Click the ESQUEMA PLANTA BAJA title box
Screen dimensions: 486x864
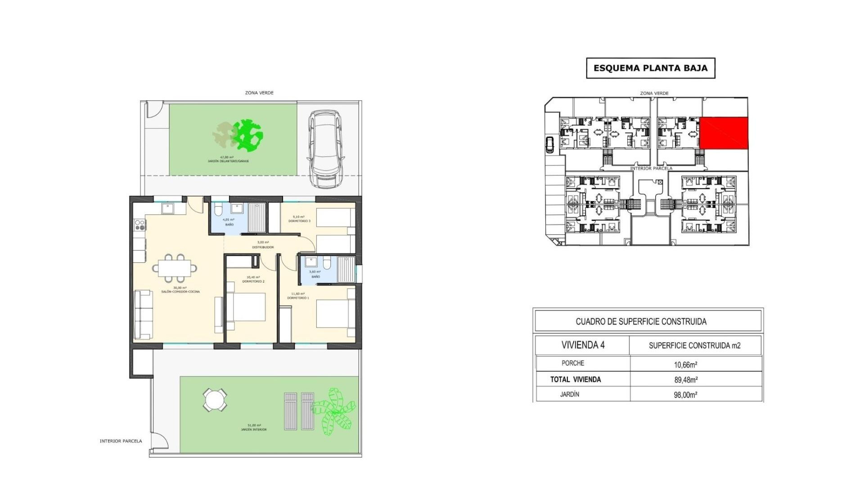click(x=650, y=68)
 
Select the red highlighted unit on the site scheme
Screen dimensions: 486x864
click(x=724, y=133)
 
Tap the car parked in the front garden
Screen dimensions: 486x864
click(x=325, y=149)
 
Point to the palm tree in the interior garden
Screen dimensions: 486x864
click(x=334, y=411)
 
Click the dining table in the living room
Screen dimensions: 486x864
click(x=175, y=267)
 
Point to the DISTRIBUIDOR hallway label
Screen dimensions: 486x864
click(x=263, y=247)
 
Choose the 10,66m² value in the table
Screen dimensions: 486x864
click(x=685, y=365)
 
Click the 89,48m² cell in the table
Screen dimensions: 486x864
click(x=685, y=380)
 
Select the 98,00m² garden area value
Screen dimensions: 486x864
click(x=685, y=395)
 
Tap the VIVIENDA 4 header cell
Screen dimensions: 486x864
click(x=583, y=345)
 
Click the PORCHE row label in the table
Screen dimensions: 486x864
click(x=573, y=363)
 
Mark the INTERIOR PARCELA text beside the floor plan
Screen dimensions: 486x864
click(x=121, y=441)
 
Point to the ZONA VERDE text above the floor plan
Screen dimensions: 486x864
click(x=259, y=93)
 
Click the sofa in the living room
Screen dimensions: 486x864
click(x=143, y=315)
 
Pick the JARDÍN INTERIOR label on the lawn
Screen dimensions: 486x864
click(x=254, y=429)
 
